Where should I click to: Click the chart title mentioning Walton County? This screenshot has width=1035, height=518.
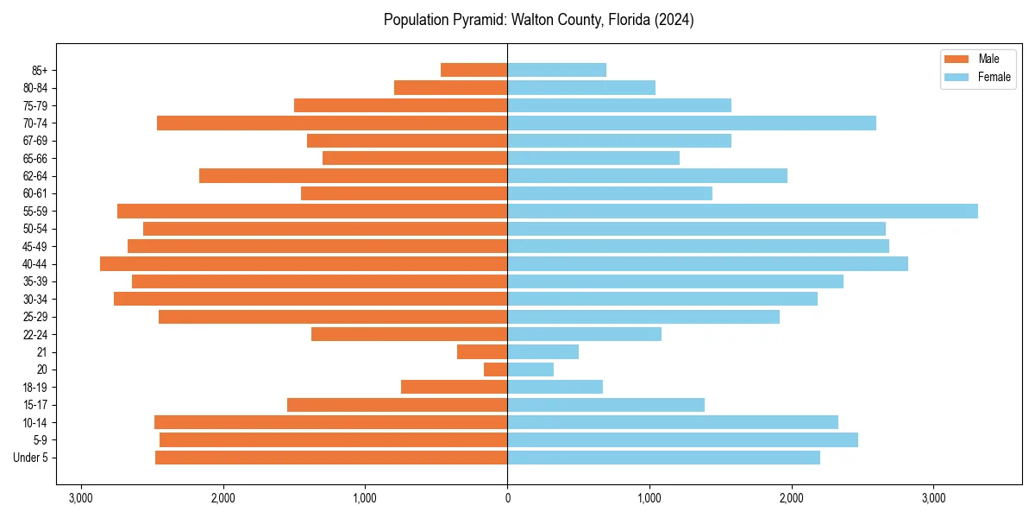538,20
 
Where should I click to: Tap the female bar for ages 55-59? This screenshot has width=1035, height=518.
742,211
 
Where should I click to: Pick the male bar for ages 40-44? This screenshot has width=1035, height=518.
304,263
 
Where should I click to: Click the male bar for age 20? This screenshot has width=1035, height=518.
496,370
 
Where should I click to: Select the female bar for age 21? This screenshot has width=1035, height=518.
543,351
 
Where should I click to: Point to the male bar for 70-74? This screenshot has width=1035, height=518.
332,123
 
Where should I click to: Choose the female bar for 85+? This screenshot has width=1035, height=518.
556,70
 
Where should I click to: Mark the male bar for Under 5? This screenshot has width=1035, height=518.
331,458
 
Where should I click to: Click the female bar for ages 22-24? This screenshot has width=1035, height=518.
584,334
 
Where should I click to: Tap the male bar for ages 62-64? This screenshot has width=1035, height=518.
353,175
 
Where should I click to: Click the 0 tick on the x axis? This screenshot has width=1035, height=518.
507,498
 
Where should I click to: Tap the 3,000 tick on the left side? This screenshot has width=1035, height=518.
81,498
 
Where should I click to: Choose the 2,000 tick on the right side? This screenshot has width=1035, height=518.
791,498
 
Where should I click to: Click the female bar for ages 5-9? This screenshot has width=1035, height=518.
682,439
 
